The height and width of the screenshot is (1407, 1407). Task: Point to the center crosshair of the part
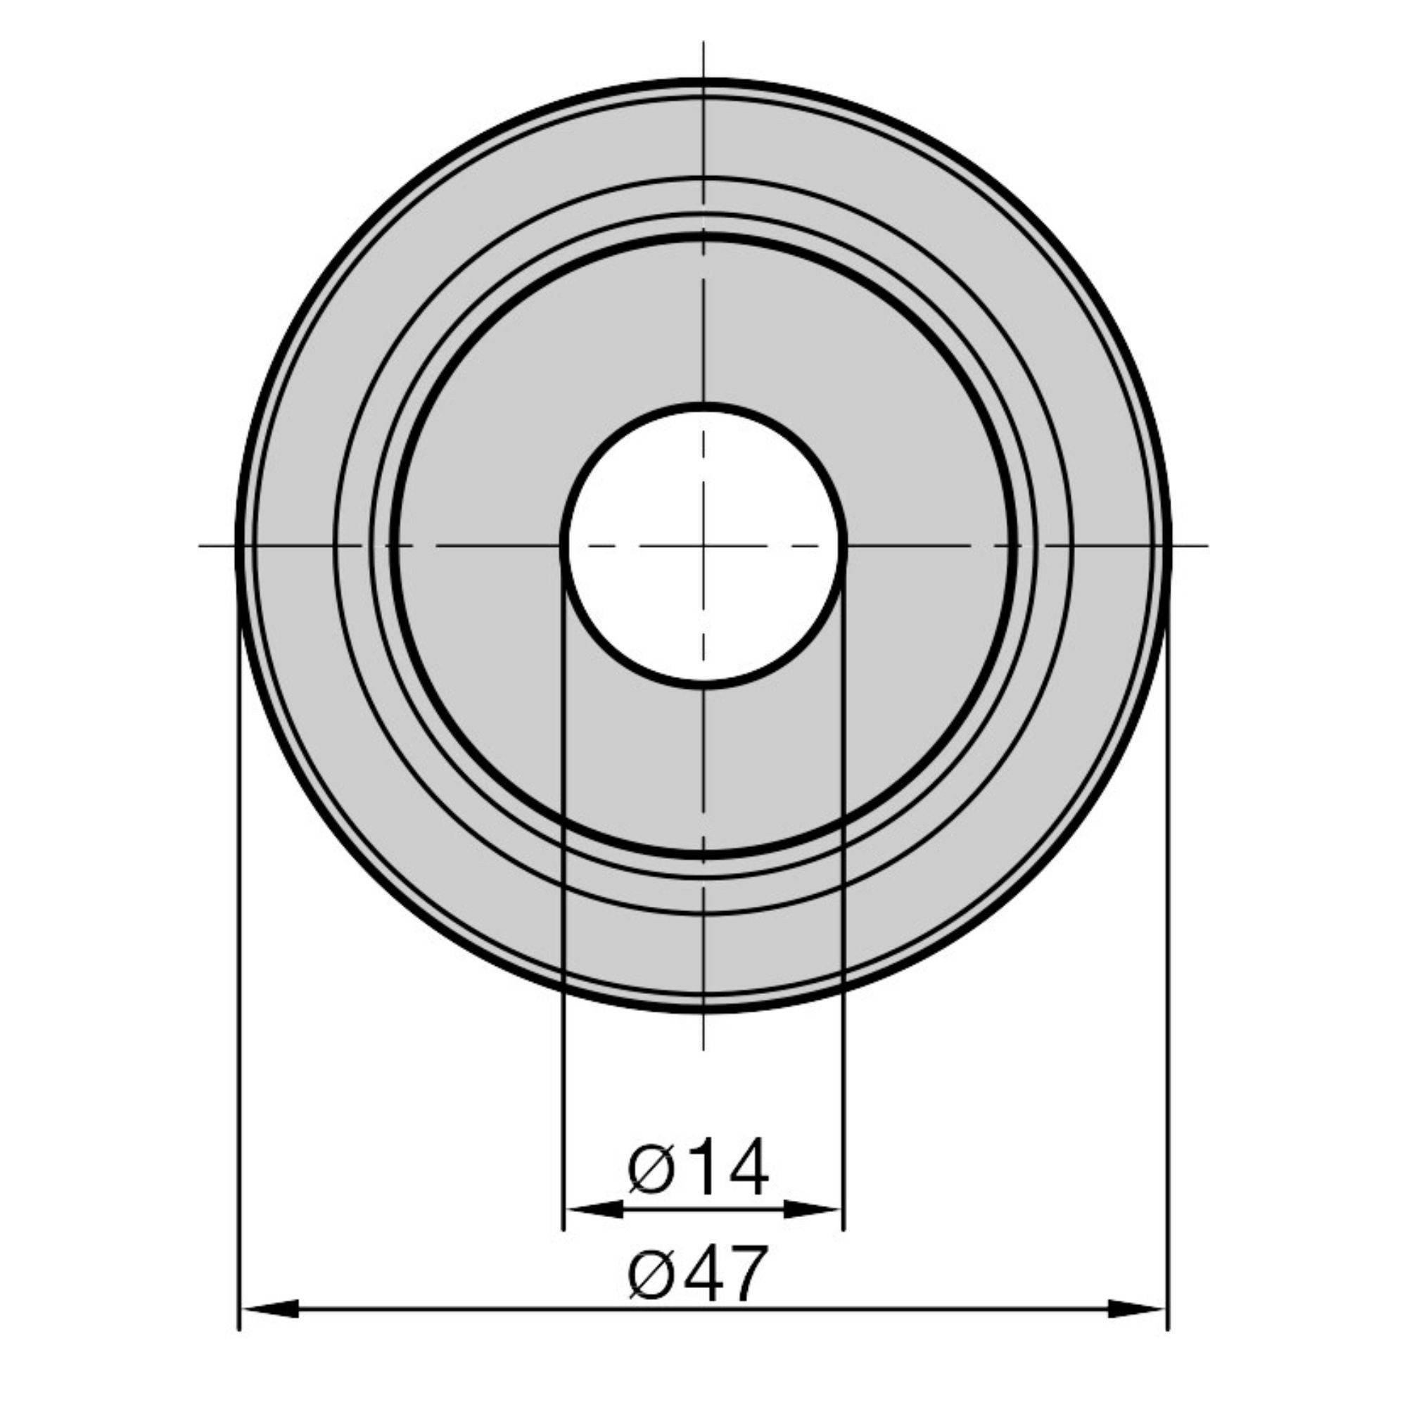[703, 545]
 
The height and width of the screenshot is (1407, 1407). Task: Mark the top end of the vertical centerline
[703, 42]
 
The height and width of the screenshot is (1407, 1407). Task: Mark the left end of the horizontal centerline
[200, 545]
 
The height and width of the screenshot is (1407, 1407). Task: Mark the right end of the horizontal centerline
[1208, 545]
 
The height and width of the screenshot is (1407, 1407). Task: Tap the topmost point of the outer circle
[703, 81]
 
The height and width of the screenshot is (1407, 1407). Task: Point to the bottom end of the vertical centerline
[703, 1050]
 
